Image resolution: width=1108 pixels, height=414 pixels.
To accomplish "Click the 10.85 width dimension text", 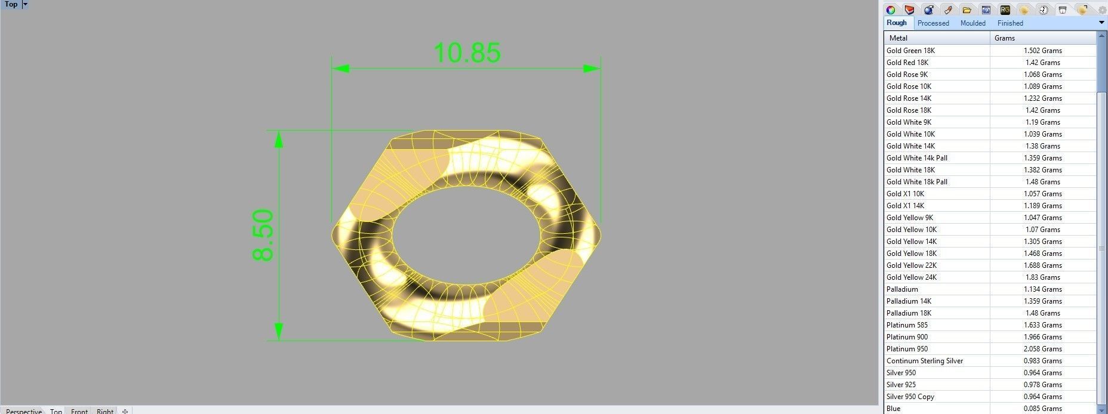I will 467,52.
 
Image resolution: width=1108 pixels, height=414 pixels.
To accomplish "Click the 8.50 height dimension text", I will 263,235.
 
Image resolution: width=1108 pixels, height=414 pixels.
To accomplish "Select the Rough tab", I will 896,23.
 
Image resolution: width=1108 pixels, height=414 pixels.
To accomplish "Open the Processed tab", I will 932,23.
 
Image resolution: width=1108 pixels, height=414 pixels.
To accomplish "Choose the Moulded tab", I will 972,23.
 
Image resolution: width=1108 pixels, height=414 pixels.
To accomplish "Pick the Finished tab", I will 1009,23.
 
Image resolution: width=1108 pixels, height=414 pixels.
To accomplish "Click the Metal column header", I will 898,38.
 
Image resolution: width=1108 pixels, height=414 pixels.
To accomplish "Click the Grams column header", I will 1004,38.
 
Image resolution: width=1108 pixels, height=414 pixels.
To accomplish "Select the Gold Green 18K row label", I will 910,51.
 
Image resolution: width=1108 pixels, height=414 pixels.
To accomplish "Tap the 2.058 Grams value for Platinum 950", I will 1042,349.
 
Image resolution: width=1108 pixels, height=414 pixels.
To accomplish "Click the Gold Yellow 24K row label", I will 911,277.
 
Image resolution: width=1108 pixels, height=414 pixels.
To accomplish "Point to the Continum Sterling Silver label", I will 924,361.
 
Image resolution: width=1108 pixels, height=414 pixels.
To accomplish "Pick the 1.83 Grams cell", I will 1042,277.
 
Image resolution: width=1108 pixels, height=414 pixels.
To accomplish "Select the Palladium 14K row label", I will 909,301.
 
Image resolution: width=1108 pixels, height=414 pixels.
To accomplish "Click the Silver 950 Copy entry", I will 910,397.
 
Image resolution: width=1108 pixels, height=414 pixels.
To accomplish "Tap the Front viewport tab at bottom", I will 79,410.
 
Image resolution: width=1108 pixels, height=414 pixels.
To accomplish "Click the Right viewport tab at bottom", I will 105,410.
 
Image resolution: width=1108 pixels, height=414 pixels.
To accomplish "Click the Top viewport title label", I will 11,4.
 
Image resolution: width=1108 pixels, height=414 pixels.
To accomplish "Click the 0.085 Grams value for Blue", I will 1042,409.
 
